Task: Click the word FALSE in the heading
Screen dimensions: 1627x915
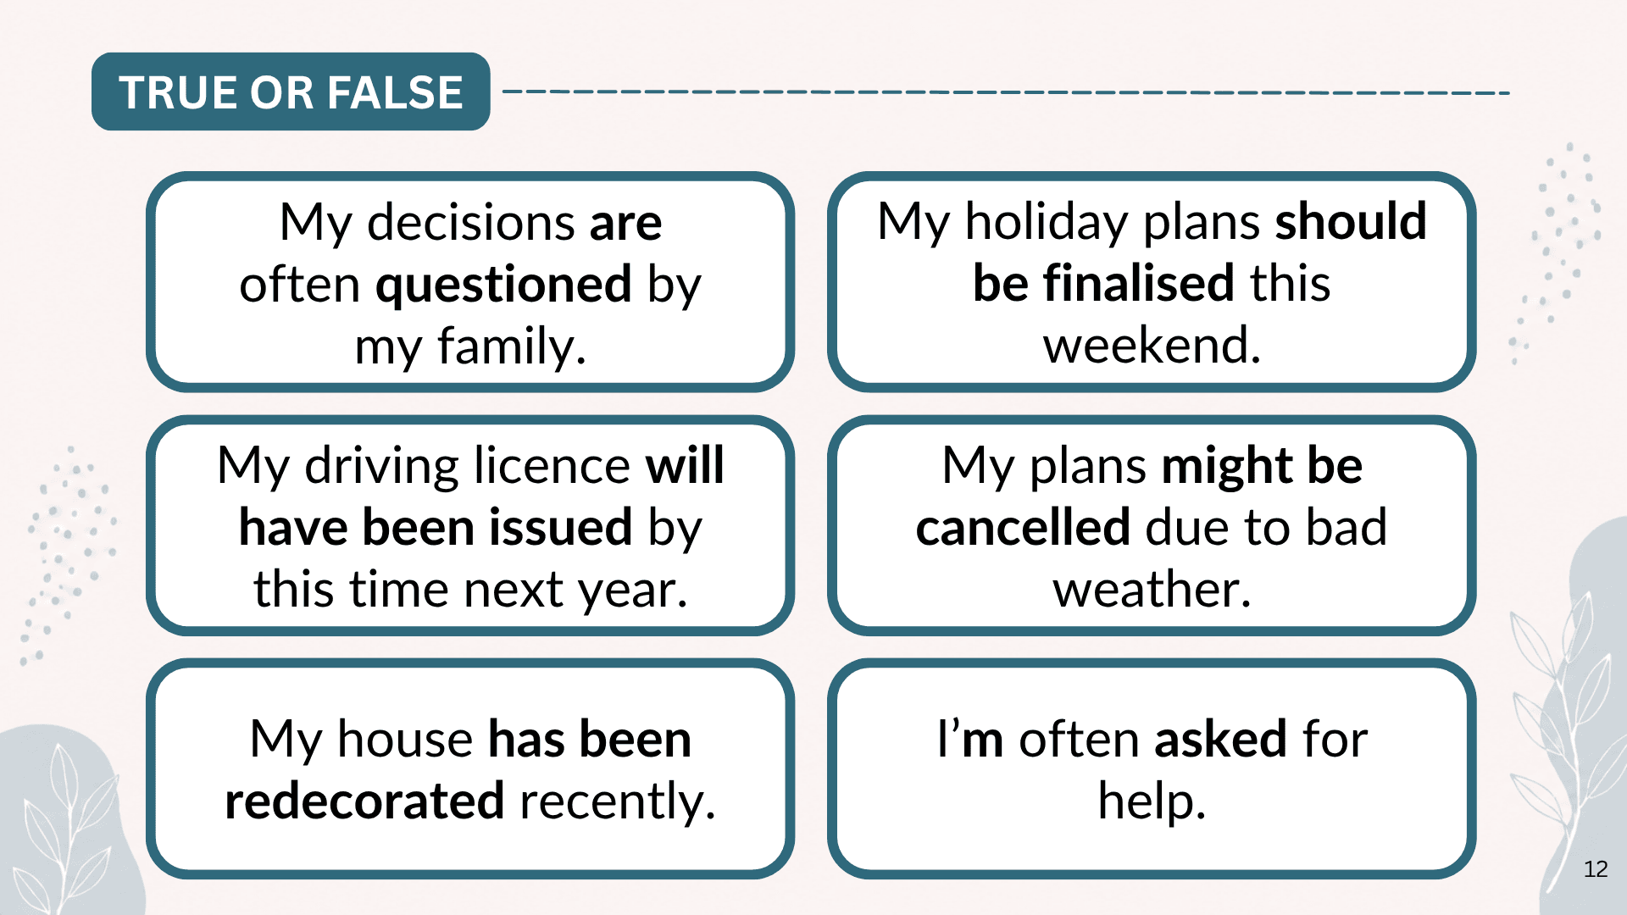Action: pos(395,92)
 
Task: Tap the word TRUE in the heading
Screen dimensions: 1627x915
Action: pos(176,92)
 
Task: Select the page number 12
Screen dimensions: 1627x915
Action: pos(1596,869)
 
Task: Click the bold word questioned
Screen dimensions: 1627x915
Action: pos(503,286)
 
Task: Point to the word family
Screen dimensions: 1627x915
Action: pos(512,347)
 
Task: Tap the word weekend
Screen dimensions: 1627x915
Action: pos(1152,345)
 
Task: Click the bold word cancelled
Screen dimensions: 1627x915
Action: pos(1023,527)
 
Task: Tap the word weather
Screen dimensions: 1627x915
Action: pos(1152,590)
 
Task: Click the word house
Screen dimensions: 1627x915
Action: pos(404,739)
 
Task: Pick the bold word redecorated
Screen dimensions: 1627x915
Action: pos(364,801)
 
